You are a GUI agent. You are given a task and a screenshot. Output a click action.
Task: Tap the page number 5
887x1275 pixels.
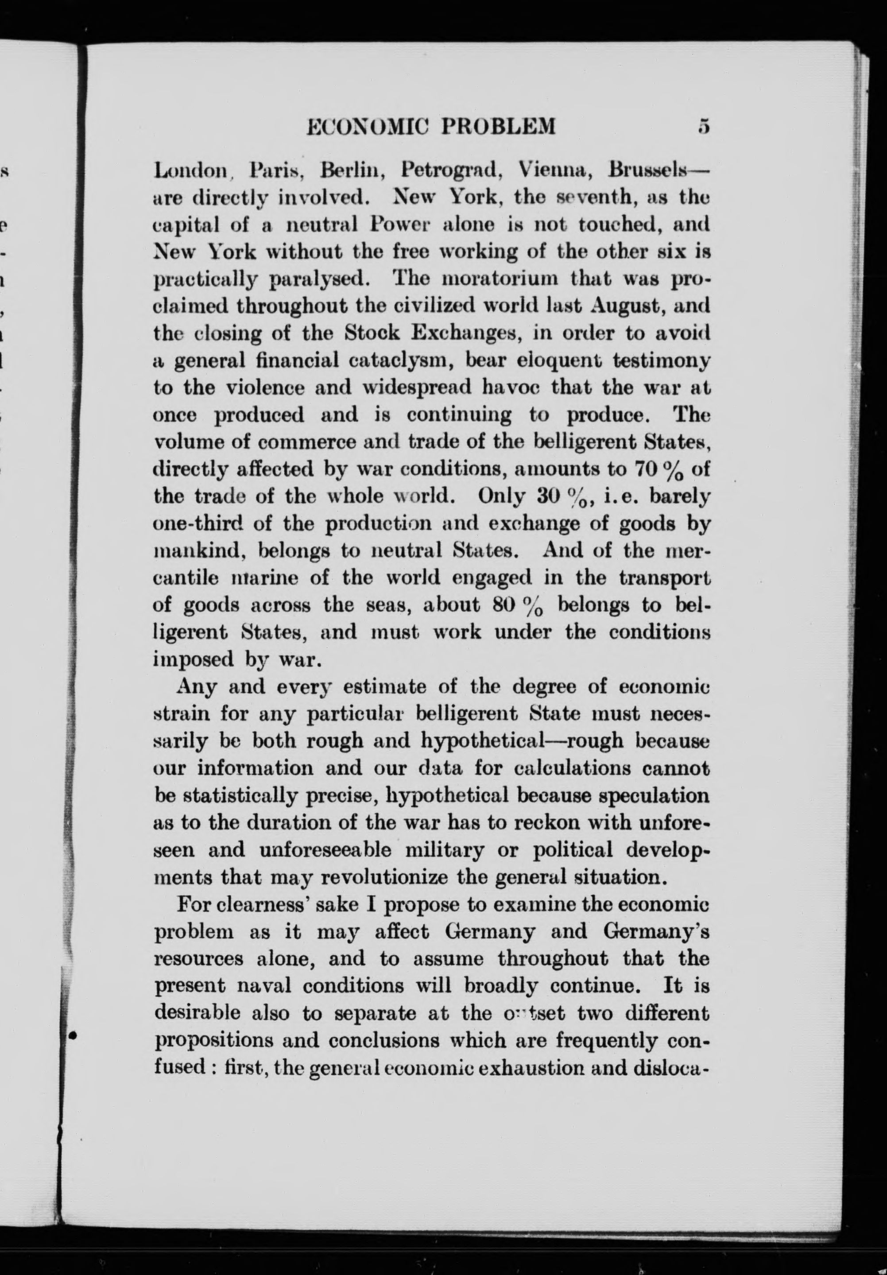704,127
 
